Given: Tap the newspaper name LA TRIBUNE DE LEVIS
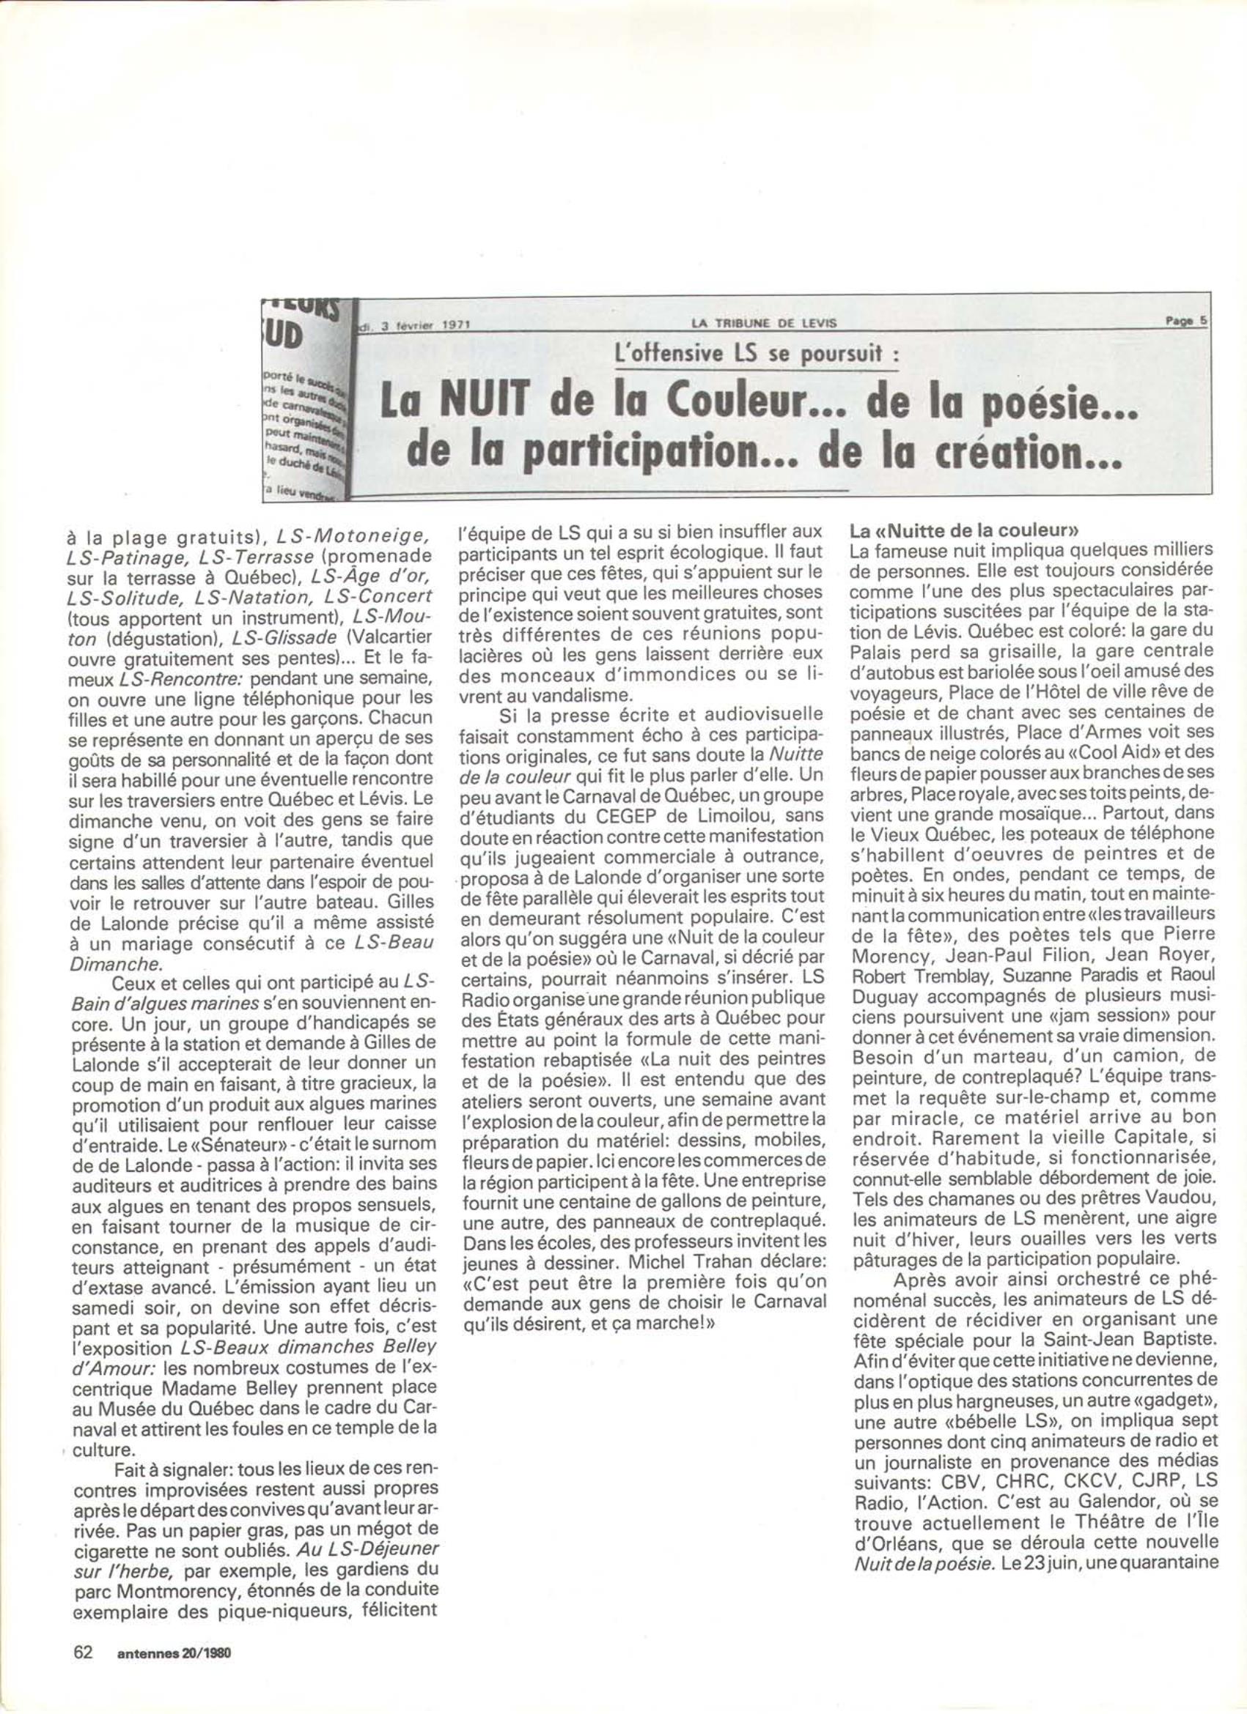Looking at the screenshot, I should [765, 324].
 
